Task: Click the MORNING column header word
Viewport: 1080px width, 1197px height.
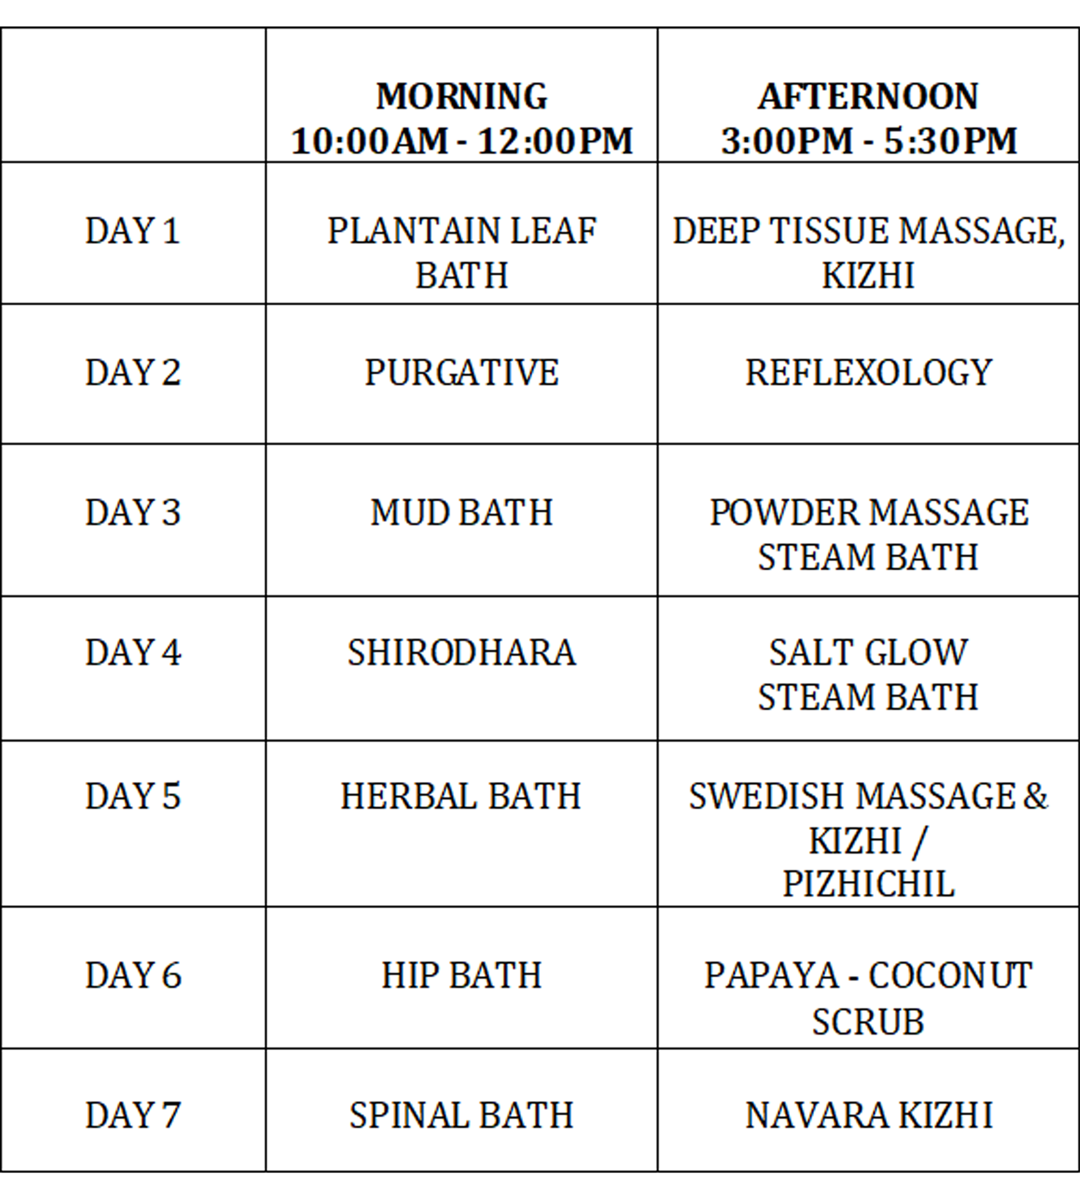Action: (x=462, y=96)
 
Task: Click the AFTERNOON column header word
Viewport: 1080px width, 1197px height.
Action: (x=868, y=96)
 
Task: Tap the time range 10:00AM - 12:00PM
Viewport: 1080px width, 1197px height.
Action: (x=462, y=141)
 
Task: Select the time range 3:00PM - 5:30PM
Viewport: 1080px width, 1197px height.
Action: (x=869, y=141)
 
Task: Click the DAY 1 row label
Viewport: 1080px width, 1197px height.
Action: (x=132, y=231)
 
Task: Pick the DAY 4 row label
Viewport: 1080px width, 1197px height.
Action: (x=133, y=653)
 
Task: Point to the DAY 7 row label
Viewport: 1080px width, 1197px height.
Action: (x=132, y=1115)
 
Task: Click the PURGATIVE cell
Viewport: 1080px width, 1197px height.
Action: (x=462, y=373)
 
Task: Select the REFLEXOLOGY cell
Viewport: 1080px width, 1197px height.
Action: (x=869, y=373)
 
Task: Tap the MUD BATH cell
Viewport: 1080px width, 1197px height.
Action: (x=462, y=512)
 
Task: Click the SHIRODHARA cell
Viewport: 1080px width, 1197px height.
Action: (x=462, y=653)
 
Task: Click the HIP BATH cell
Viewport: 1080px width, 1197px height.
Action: (x=462, y=975)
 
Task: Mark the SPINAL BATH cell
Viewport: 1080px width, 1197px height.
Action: (x=462, y=1115)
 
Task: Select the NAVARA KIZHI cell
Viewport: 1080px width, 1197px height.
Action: (x=869, y=1115)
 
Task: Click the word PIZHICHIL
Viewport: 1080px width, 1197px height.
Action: (x=868, y=884)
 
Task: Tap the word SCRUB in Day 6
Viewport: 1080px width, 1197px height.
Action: (x=868, y=1021)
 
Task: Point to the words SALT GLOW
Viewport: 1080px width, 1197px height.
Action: (x=869, y=653)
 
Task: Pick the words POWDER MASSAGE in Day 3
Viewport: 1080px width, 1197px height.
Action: (x=869, y=512)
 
